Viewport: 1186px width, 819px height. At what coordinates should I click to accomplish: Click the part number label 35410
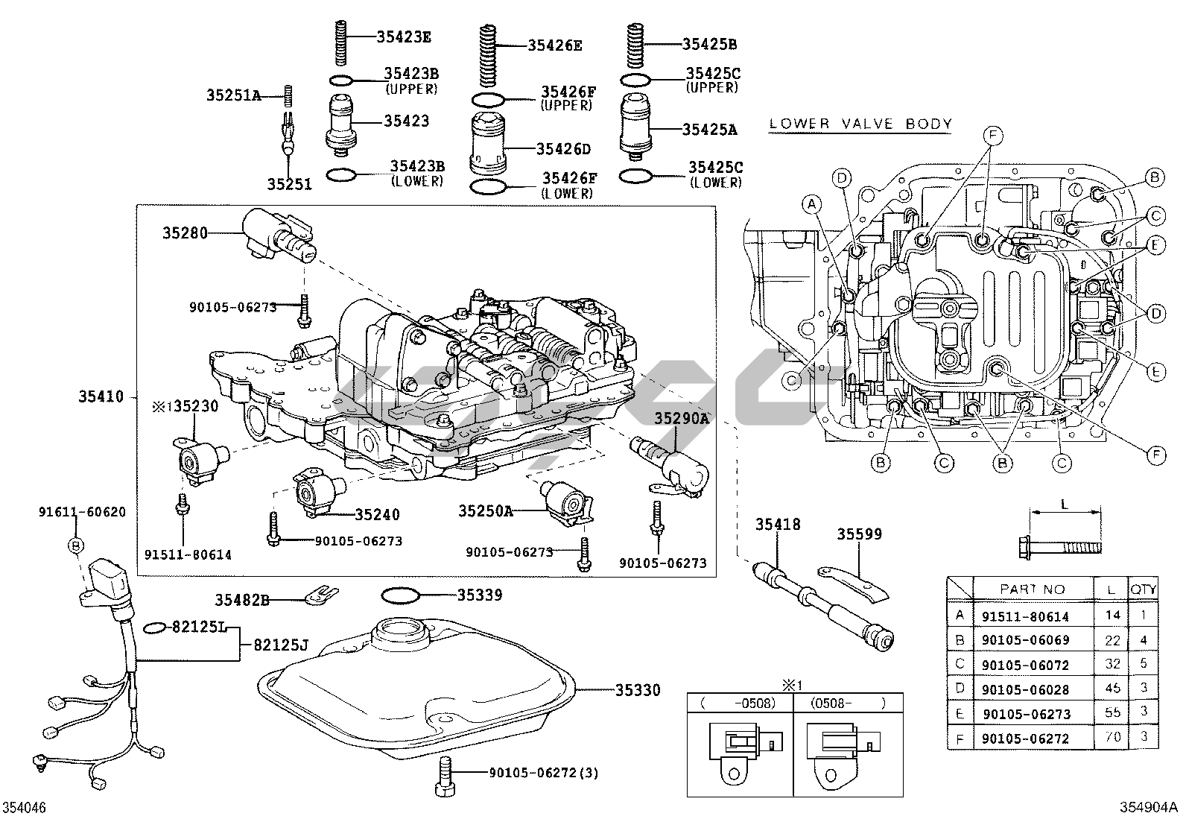pos(101,397)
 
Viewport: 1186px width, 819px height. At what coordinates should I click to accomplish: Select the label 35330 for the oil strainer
pos(638,690)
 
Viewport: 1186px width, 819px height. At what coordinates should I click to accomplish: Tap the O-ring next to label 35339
pos(399,595)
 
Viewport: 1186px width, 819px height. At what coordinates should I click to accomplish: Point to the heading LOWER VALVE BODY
pos(860,124)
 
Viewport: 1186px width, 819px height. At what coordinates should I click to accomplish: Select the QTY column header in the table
pos(1144,589)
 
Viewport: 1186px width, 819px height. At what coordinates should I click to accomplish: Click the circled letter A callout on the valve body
pos(812,203)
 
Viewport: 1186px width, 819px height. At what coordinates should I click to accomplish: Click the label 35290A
pos(682,419)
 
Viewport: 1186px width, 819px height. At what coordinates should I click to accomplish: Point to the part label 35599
pos(859,534)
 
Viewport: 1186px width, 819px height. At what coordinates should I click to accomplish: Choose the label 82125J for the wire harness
pos(280,645)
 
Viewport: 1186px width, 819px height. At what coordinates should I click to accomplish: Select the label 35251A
pos(233,95)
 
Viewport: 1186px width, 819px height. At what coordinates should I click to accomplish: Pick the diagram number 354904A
pos(1149,807)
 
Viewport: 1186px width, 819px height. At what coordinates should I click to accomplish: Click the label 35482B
pos(242,598)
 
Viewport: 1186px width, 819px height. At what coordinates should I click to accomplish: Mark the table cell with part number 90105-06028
pos(1025,689)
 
